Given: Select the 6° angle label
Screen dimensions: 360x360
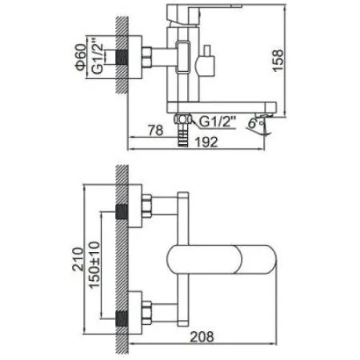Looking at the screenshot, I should tap(253, 124).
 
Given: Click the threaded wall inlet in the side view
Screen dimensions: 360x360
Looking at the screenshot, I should tap(123, 58).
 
